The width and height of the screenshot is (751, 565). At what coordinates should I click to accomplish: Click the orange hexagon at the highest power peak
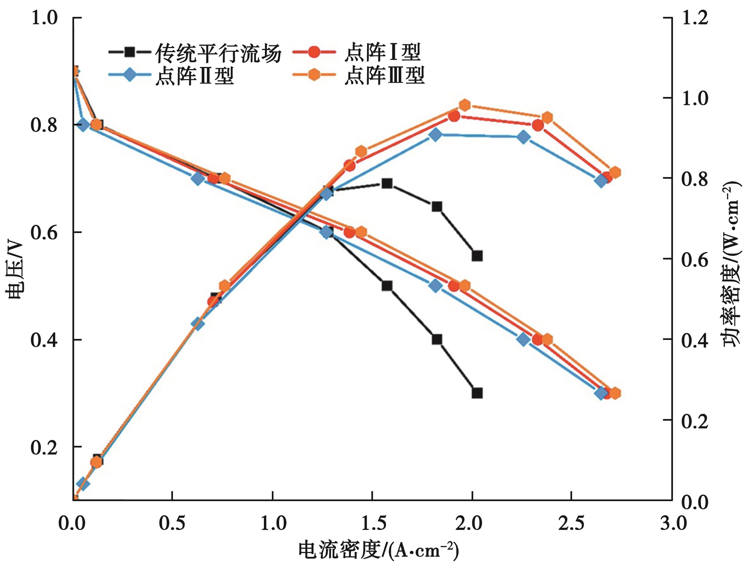(465, 105)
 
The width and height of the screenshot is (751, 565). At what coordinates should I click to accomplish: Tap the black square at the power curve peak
(387, 184)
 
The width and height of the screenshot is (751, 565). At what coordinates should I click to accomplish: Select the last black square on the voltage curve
(477, 393)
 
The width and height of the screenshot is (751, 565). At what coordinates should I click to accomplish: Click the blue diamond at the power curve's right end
(601, 181)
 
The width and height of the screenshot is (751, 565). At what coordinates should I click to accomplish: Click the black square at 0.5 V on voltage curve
(387, 286)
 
